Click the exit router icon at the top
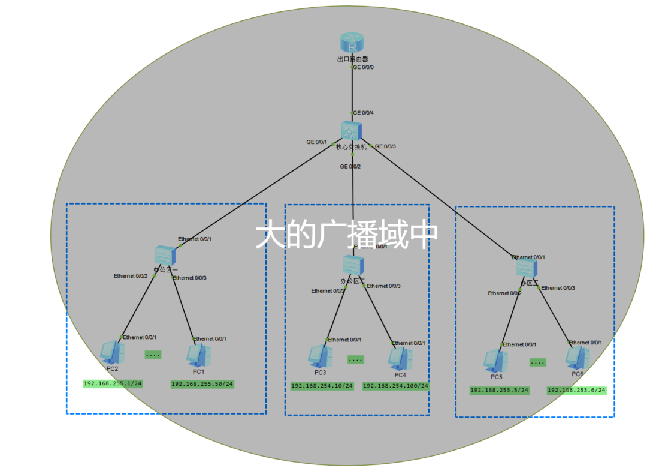point(352,43)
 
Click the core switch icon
point(350,131)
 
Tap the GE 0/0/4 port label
point(364,113)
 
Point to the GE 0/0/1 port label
point(317,142)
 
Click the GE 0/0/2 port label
point(350,166)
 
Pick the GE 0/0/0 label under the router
point(363,67)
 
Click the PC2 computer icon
point(111,352)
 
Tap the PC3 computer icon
point(319,356)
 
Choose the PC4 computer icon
point(400,358)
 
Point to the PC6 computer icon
point(577,358)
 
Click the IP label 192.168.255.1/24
point(113,383)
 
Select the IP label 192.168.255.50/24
point(202,383)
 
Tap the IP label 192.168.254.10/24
point(322,386)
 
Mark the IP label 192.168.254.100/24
point(395,386)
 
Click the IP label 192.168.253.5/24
point(500,390)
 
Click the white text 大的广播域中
point(346,236)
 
